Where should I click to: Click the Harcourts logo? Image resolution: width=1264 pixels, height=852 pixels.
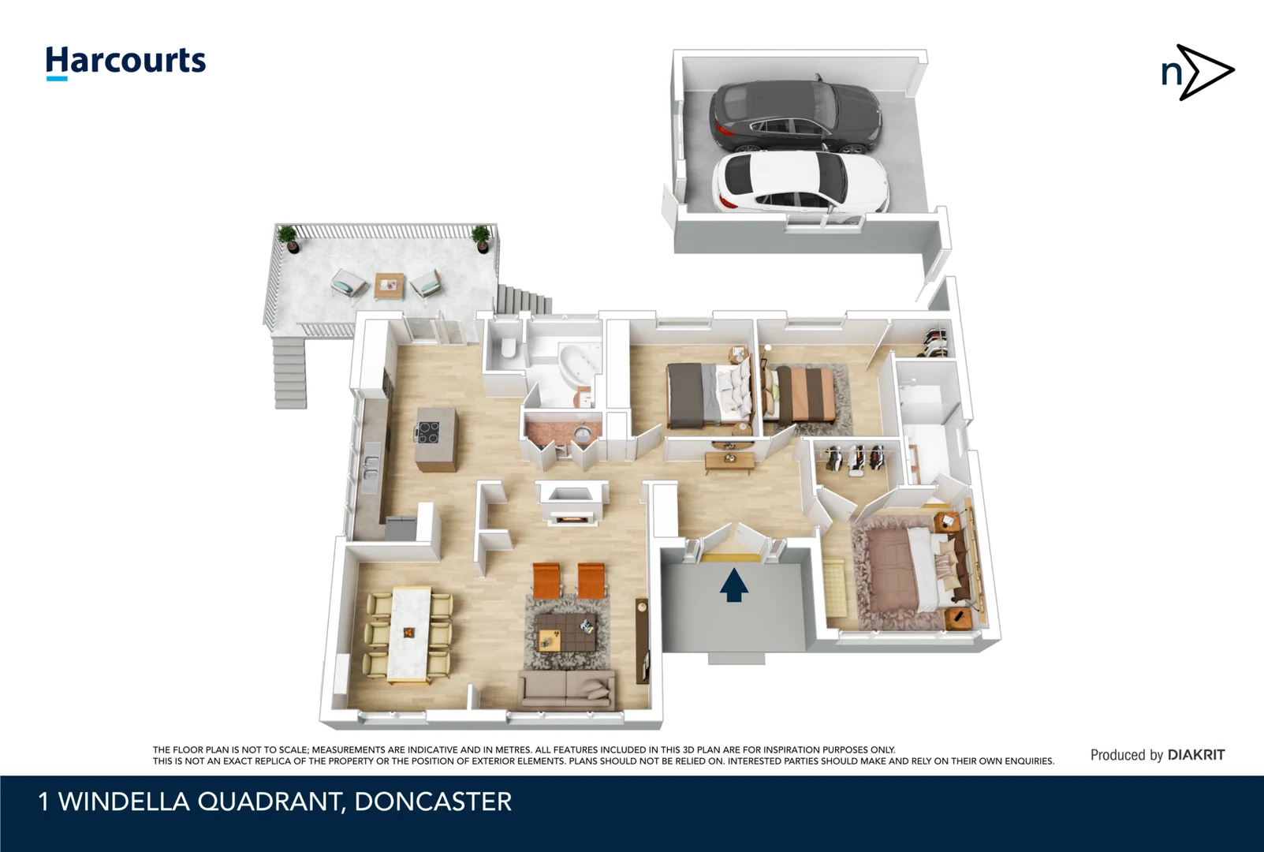(125, 62)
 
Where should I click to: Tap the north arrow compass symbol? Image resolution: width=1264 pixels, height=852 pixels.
(1197, 73)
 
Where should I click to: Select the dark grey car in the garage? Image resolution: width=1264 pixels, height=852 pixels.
(794, 116)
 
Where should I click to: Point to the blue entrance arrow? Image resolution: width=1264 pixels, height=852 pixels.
(733, 585)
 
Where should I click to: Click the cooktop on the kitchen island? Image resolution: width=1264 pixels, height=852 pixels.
(428, 432)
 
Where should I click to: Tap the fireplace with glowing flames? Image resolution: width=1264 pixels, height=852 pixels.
(571, 518)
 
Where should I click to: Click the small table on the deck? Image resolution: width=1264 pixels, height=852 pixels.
(388, 285)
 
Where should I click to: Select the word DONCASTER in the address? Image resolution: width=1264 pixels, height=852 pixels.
(433, 802)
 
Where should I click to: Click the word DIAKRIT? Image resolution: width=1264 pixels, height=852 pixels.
(1196, 755)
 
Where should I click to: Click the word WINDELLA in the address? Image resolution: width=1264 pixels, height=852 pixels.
(124, 802)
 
